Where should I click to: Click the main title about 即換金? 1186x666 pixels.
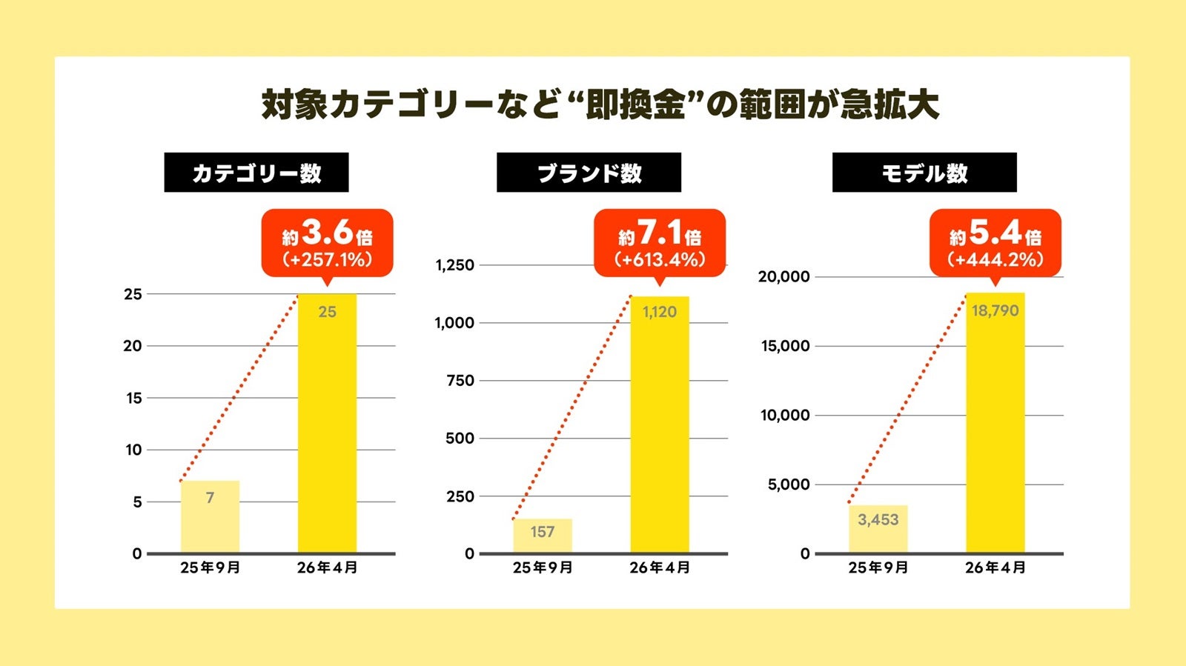[600, 104]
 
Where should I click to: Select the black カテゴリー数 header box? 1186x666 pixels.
[256, 173]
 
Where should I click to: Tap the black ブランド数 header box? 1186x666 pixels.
[589, 173]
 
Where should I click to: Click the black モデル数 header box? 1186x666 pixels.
[924, 173]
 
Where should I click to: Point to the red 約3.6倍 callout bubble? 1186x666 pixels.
[327, 242]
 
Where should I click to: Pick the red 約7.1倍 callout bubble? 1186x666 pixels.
[659, 242]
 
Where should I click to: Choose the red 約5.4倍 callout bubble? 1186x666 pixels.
[995, 242]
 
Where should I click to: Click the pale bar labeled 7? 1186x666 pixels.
[210, 516]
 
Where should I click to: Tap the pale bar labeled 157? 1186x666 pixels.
[543, 536]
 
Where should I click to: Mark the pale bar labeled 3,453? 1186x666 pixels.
[878, 529]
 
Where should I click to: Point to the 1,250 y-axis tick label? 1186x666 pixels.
[454, 265]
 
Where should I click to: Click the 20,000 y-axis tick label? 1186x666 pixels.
[784, 277]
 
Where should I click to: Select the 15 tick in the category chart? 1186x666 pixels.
[133, 399]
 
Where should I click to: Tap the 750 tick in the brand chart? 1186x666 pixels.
[460, 381]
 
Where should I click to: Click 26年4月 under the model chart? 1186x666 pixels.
[995, 568]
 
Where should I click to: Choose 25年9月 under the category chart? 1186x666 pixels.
[210, 568]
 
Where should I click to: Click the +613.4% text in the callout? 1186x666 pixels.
[659, 260]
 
